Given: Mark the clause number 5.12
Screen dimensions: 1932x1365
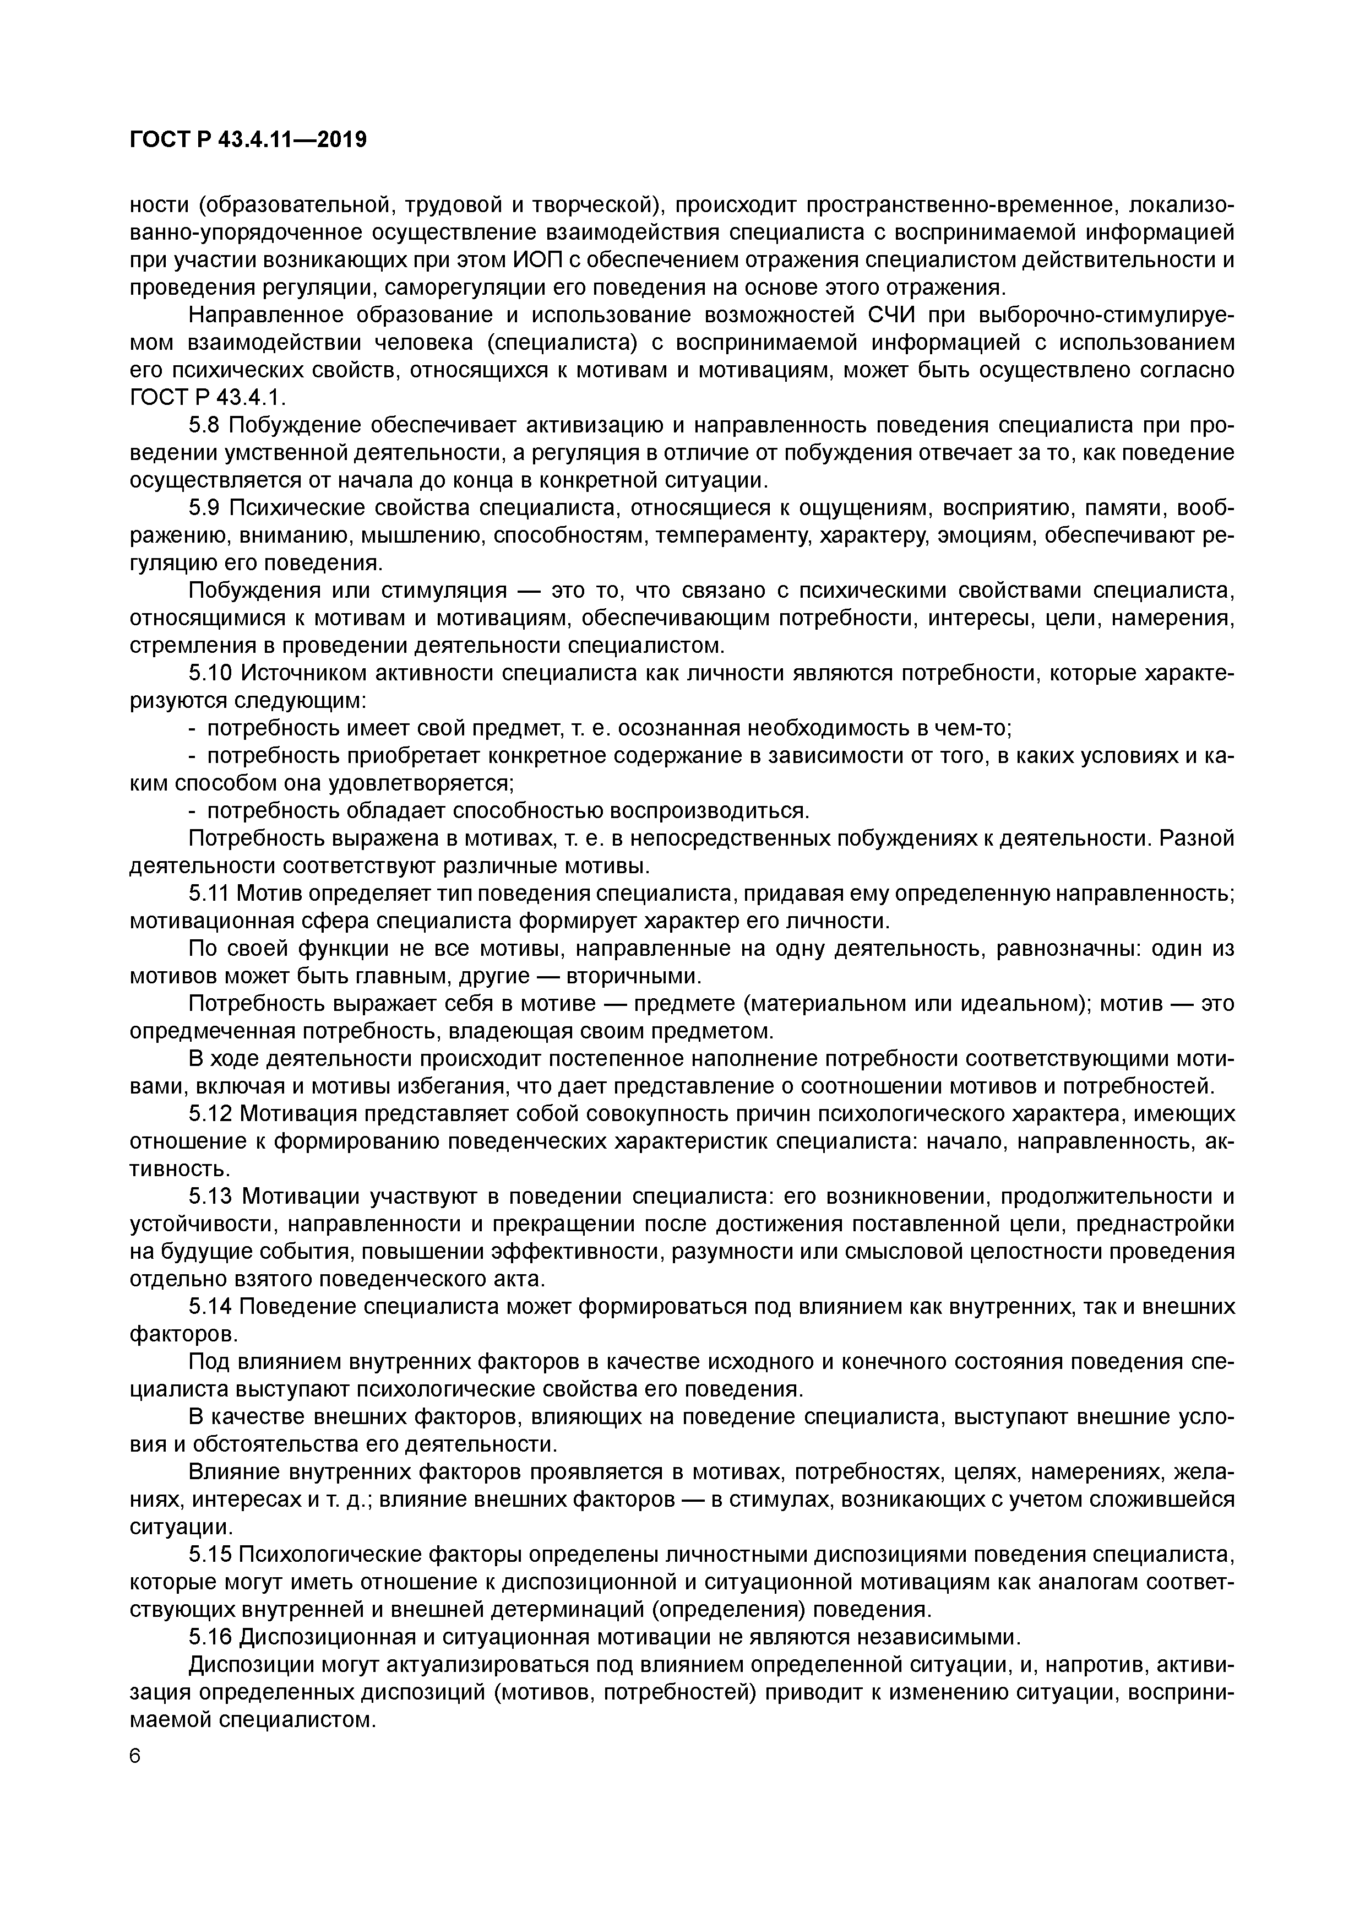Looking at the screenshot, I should click(x=210, y=1113).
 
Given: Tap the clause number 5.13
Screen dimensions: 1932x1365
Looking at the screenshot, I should click(x=210, y=1195).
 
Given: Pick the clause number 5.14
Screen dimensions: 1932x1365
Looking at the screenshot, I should click(x=210, y=1306).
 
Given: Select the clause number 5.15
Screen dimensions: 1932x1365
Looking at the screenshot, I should click(x=210, y=1554).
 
